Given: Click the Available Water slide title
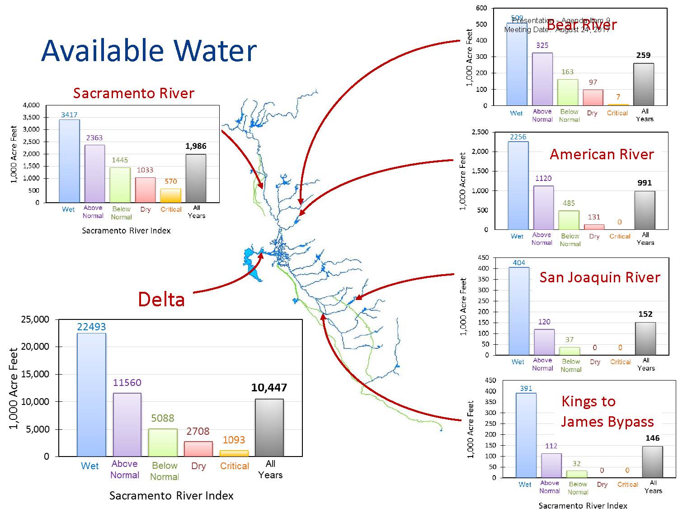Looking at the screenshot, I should [149, 50].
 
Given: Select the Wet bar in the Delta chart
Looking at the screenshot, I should [91, 395].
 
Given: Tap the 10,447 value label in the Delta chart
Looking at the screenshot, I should [269, 388].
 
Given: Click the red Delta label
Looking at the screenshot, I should [161, 300].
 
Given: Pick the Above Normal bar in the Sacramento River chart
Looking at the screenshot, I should [94, 173].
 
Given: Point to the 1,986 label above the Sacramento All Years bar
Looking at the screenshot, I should [196, 146].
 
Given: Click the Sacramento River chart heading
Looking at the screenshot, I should [133, 93].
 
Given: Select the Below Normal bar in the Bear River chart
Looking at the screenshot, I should [567, 92].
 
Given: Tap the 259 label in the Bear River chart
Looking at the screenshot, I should [643, 55].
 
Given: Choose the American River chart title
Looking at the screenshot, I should [602, 155].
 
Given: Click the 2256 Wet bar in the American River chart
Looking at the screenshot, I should [518, 186].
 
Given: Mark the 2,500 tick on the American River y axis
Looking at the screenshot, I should [480, 132].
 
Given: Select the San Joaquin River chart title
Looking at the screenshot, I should [600, 277].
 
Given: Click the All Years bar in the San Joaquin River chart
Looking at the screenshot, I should [645, 338].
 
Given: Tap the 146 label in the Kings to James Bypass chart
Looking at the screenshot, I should [652, 438].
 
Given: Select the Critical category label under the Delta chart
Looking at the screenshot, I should [234, 466].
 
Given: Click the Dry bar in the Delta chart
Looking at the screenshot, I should [198, 449].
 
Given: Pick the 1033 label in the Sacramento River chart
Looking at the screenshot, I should [145, 170].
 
